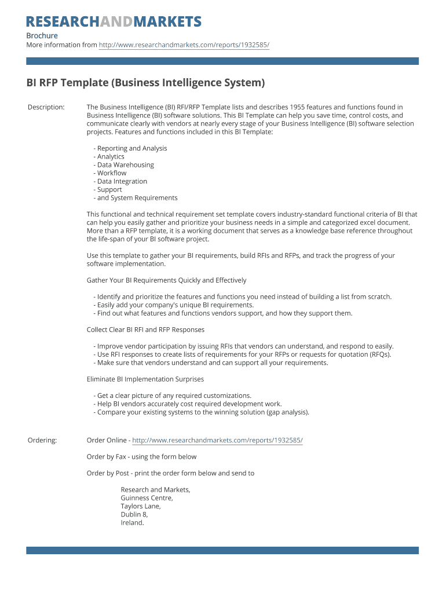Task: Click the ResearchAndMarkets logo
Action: [x=114, y=22]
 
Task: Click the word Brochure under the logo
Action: [x=42, y=36]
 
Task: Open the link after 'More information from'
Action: [x=184, y=45]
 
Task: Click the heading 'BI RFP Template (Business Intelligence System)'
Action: [x=145, y=83]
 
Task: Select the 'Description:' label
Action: [x=46, y=107]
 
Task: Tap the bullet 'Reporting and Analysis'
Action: [x=131, y=148]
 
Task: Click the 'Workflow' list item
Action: [x=111, y=173]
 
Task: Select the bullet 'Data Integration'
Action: [x=122, y=181]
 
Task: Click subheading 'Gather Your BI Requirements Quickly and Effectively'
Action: [x=166, y=280]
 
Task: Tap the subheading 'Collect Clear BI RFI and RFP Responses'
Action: [x=145, y=330]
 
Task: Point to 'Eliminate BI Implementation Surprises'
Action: [x=145, y=379]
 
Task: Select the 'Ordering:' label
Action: [x=42, y=441]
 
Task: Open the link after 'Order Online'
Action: [x=217, y=441]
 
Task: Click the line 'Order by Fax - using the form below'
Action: [x=141, y=457]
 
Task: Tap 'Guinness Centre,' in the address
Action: [x=147, y=498]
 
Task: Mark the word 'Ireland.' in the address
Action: [x=132, y=523]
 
